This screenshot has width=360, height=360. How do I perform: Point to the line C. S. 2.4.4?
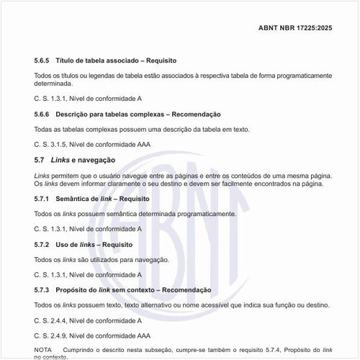click(x=88, y=320)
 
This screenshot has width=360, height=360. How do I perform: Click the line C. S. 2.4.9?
click(x=92, y=336)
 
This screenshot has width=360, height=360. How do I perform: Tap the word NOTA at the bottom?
click(x=43, y=349)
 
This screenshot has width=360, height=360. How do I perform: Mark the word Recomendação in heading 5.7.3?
click(x=186, y=289)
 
